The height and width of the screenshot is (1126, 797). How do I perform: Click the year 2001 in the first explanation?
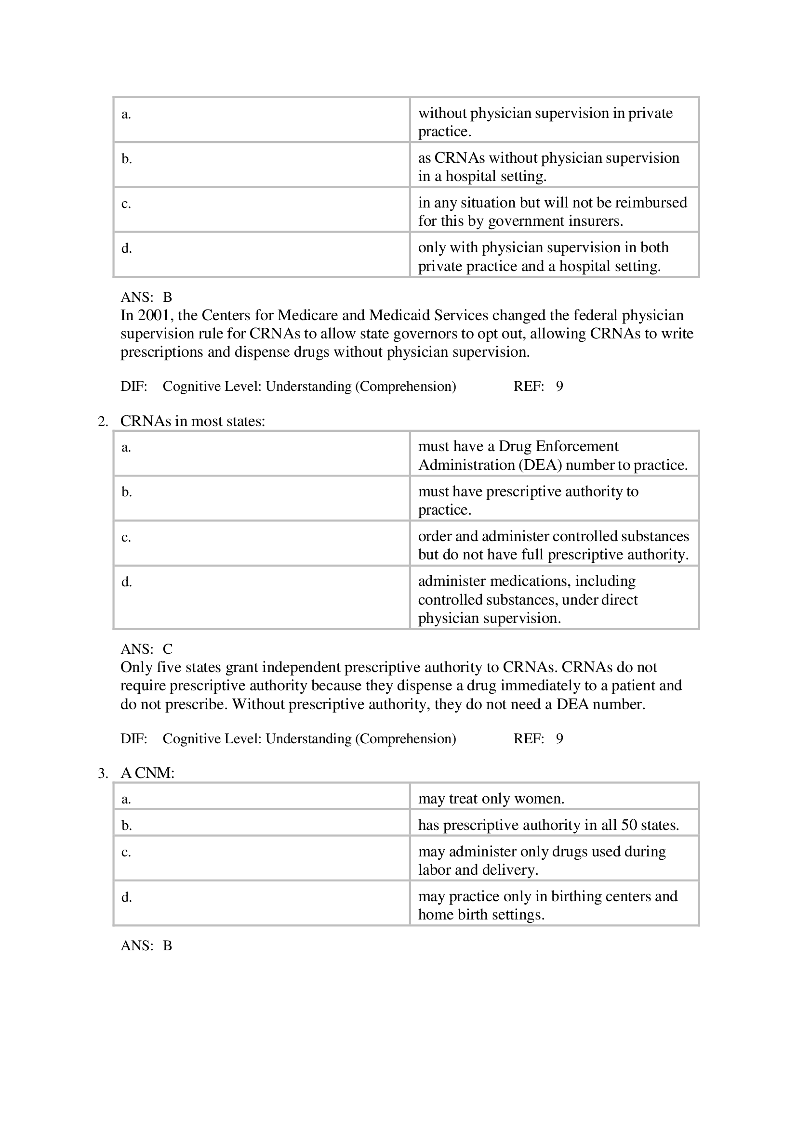click(154, 315)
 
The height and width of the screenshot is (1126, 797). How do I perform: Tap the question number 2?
click(103, 421)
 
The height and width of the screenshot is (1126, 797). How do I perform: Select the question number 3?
click(103, 774)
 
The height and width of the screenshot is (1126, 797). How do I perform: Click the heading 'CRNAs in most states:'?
click(192, 421)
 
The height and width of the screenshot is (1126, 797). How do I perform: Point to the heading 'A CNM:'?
click(147, 774)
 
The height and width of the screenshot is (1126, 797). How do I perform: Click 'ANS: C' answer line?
click(146, 649)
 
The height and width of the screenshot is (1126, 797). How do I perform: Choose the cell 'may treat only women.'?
click(491, 799)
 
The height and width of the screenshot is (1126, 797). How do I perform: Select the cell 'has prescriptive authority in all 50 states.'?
click(548, 826)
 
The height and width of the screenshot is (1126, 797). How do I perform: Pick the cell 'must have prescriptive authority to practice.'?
click(528, 500)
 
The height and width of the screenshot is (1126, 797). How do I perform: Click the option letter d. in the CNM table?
click(127, 897)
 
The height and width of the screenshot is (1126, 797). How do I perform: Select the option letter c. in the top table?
click(126, 204)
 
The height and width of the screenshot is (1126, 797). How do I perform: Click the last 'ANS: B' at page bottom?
click(146, 946)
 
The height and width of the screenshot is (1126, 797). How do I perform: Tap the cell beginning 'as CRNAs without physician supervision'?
click(548, 167)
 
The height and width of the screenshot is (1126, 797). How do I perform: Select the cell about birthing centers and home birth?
click(547, 906)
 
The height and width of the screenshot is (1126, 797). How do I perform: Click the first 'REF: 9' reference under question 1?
click(538, 387)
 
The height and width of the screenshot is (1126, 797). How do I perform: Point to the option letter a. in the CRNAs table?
click(126, 447)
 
